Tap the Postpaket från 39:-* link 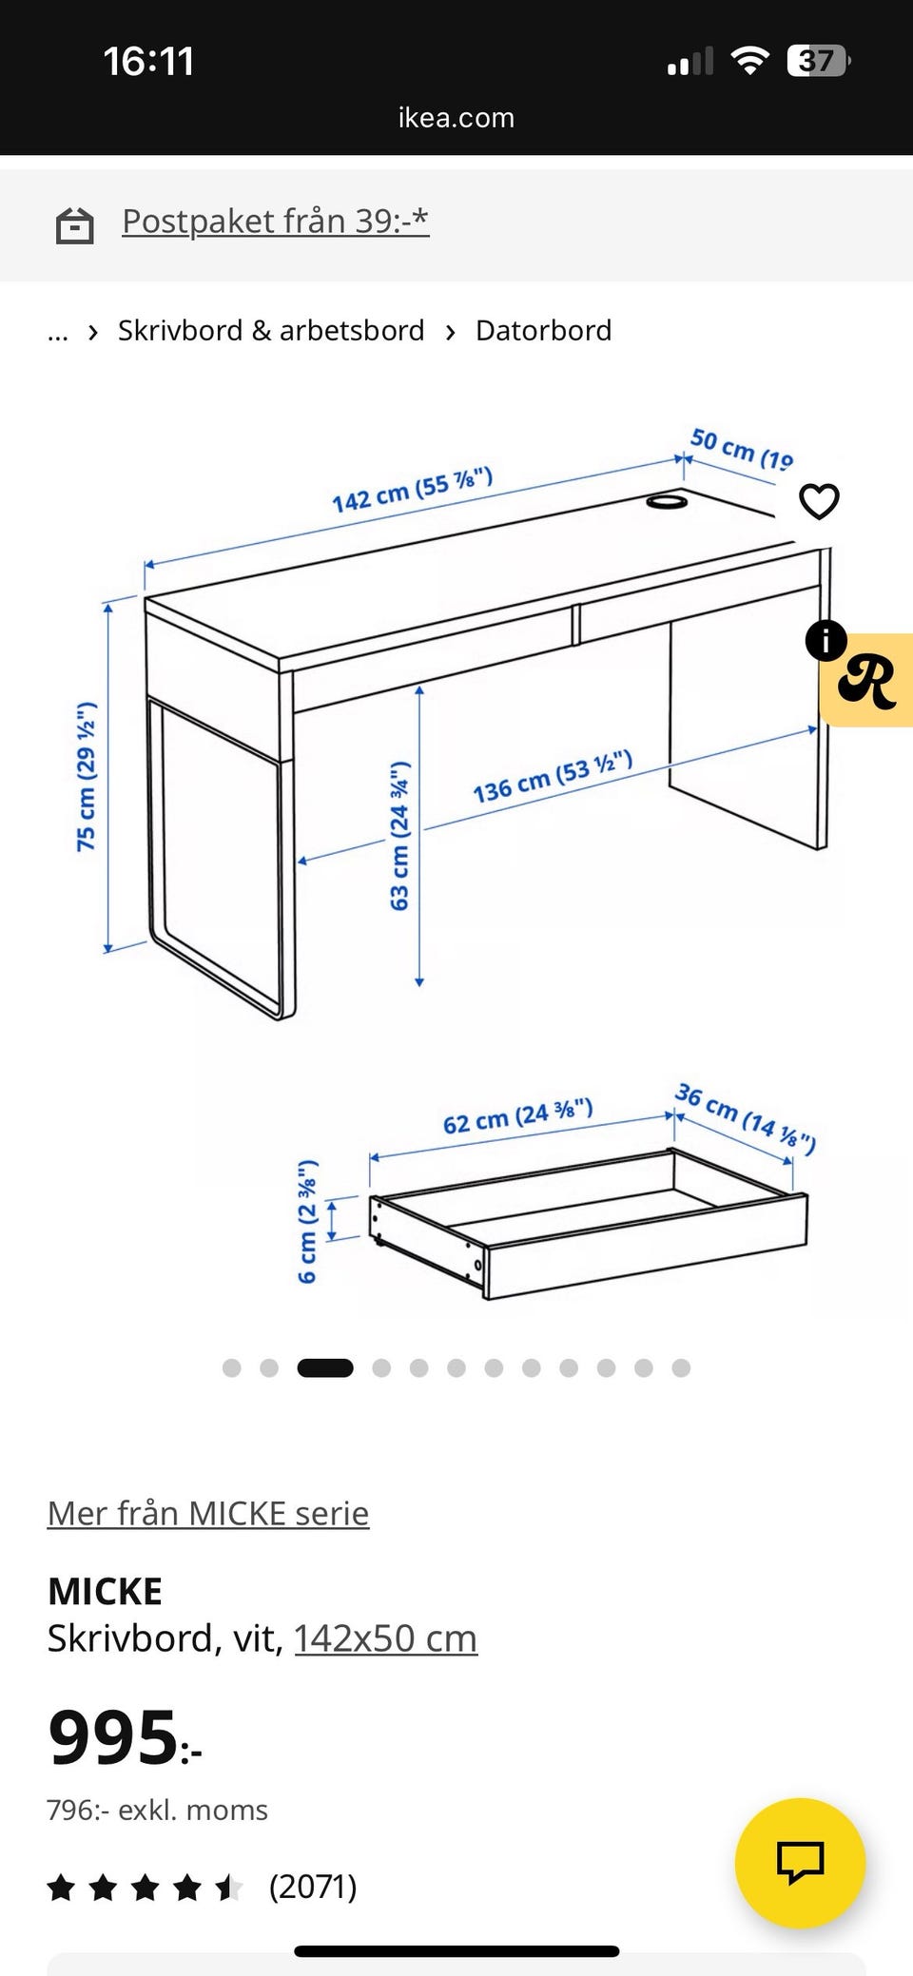[276, 222]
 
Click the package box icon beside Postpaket [74, 226]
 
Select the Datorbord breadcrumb [543, 331]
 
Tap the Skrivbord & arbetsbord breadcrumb [271, 331]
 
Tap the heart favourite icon [819, 501]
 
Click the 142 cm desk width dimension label [412, 490]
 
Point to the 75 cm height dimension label [87, 777]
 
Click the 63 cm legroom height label [400, 835]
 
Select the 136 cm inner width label [553, 777]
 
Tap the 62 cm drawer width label [518, 1116]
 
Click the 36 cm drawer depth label [746, 1117]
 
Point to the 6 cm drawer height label [307, 1222]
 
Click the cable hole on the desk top [667, 500]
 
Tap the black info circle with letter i [826, 640]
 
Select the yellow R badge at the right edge [866, 680]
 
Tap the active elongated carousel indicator [325, 1367]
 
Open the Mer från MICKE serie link [208, 1513]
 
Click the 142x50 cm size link [385, 1638]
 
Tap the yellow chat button [800, 1863]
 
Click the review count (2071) [313, 1887]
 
